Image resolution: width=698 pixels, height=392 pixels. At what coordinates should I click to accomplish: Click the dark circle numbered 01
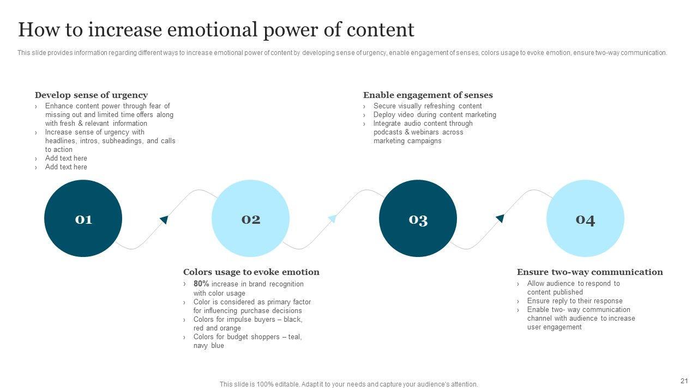(83, 218)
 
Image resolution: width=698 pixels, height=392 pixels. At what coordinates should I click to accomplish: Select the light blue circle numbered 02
(250, 218)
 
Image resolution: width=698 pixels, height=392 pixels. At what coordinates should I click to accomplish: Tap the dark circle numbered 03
(418, 218)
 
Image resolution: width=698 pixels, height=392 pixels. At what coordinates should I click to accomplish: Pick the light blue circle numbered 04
(585, 218)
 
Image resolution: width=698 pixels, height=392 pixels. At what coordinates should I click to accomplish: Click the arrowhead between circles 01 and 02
(164, 219)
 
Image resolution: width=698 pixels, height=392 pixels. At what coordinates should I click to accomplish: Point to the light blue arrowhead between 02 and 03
(332, 219)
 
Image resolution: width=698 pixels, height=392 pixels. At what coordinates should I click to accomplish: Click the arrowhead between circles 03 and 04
(500, 218)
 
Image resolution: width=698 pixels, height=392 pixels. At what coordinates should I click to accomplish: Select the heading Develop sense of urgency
(91, 95)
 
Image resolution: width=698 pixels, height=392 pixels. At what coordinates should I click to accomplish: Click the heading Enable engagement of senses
(428, 95)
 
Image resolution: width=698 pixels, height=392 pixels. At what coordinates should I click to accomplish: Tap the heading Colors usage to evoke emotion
(251, 272)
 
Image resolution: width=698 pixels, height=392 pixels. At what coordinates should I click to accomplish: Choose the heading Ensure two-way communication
(589, 272)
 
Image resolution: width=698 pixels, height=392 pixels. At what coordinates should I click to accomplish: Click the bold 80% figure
(201, 284)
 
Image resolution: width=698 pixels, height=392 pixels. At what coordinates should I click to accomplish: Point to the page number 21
(684, 381)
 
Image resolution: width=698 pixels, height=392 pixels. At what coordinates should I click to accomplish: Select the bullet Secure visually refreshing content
(428, 106)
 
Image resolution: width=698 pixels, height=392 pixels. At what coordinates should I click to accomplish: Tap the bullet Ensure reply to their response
(574, 301)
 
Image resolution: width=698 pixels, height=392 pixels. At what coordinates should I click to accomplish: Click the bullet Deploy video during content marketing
(435, 115)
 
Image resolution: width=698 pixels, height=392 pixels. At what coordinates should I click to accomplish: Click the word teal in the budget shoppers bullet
(294, 337)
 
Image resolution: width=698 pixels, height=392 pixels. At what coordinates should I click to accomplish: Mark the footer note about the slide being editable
(348, 384)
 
